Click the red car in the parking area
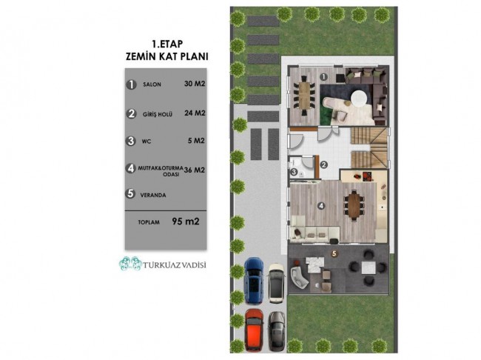254,330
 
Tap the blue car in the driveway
253,280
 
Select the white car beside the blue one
277,283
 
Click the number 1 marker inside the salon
323,77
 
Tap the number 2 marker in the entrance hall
323,165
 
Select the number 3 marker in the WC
294,173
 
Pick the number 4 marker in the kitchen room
321,206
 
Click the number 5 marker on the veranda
334,254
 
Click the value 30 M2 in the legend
195,84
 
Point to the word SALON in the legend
152,84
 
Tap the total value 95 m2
186,221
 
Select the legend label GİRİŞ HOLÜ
158,115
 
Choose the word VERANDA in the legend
153,195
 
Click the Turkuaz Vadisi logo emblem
130,264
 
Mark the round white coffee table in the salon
359,99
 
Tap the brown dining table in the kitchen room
354,205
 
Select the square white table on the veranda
369,267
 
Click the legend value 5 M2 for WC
196,141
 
